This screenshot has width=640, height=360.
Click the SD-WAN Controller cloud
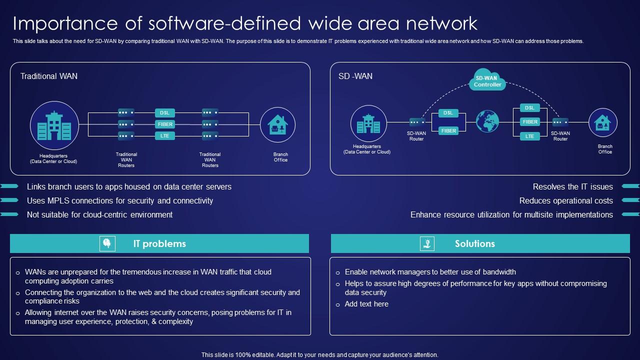(x=487, y=80)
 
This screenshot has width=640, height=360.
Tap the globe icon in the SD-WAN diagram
(x=487, y=121)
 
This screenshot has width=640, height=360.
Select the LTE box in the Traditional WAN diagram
(x=164, y=135)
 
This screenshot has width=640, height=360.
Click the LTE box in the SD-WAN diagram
(x=529, y=136)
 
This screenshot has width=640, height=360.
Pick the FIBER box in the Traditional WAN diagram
(x=164, y=124)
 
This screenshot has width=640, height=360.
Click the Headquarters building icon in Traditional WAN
(x=54, y=125)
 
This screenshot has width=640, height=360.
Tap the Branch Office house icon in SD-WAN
(x=602, y=122)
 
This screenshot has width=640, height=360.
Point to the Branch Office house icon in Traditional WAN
(x=277, y=124)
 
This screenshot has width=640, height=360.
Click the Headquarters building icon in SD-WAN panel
(x=368, y=123)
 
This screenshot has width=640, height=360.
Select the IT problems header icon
(x=107, y=243)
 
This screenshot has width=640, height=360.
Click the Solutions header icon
(x=427, y=243)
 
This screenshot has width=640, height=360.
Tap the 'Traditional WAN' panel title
(x=49, y=76)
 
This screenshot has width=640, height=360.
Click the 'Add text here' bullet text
(x=366, y=304)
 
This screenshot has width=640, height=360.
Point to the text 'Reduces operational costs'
(x=565, y=200)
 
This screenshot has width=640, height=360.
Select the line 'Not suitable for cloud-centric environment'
(x=99, y=214)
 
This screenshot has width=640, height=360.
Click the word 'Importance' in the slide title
(x=59, y=23)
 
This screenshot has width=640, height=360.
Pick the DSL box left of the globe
(x=448, y=113)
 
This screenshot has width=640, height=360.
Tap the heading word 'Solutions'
(x=474, y=243)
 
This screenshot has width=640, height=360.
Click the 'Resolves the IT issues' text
(x=572, y=186)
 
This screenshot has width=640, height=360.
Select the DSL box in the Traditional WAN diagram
(x=164, y=112)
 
